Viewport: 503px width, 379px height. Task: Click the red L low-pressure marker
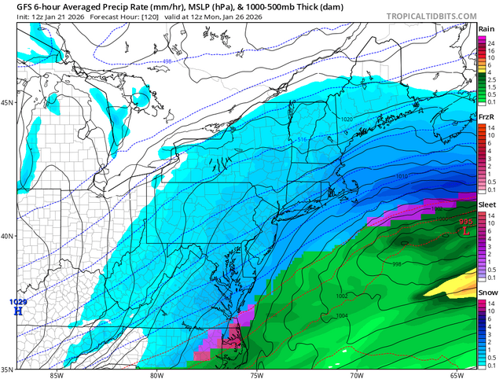point(467,232)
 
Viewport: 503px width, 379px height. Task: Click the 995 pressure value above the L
point(466,223)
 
